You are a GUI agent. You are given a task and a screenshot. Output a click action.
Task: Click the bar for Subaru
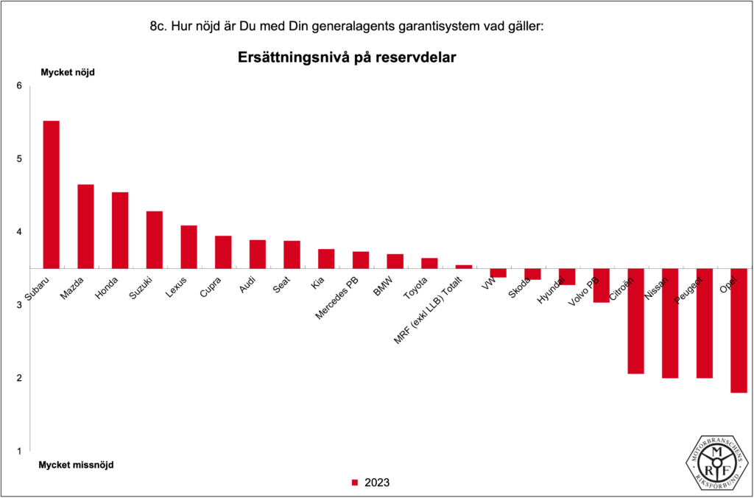[52, 194]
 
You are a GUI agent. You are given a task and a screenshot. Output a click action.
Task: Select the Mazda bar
[85, 226]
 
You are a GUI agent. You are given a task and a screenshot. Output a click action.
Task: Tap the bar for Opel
[739, 330]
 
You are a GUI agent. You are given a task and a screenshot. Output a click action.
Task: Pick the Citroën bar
[635, 320]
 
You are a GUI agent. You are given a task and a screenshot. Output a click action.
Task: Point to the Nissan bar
[670, 323]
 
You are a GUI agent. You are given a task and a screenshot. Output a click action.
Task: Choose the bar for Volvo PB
[602, 285]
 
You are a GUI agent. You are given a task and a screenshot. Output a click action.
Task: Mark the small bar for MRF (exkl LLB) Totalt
[464, 267]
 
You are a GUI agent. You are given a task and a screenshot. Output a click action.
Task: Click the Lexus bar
[188, 247]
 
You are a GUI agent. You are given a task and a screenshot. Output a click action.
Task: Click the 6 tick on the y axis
[19, 86]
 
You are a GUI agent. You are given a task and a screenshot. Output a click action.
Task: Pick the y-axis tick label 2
[19, 378]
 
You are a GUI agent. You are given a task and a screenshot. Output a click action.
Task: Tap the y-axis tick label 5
[19, 159]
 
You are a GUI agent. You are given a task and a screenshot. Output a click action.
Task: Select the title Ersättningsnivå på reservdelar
[347, 57]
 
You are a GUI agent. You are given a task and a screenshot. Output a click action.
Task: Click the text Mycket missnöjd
[77, 465]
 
